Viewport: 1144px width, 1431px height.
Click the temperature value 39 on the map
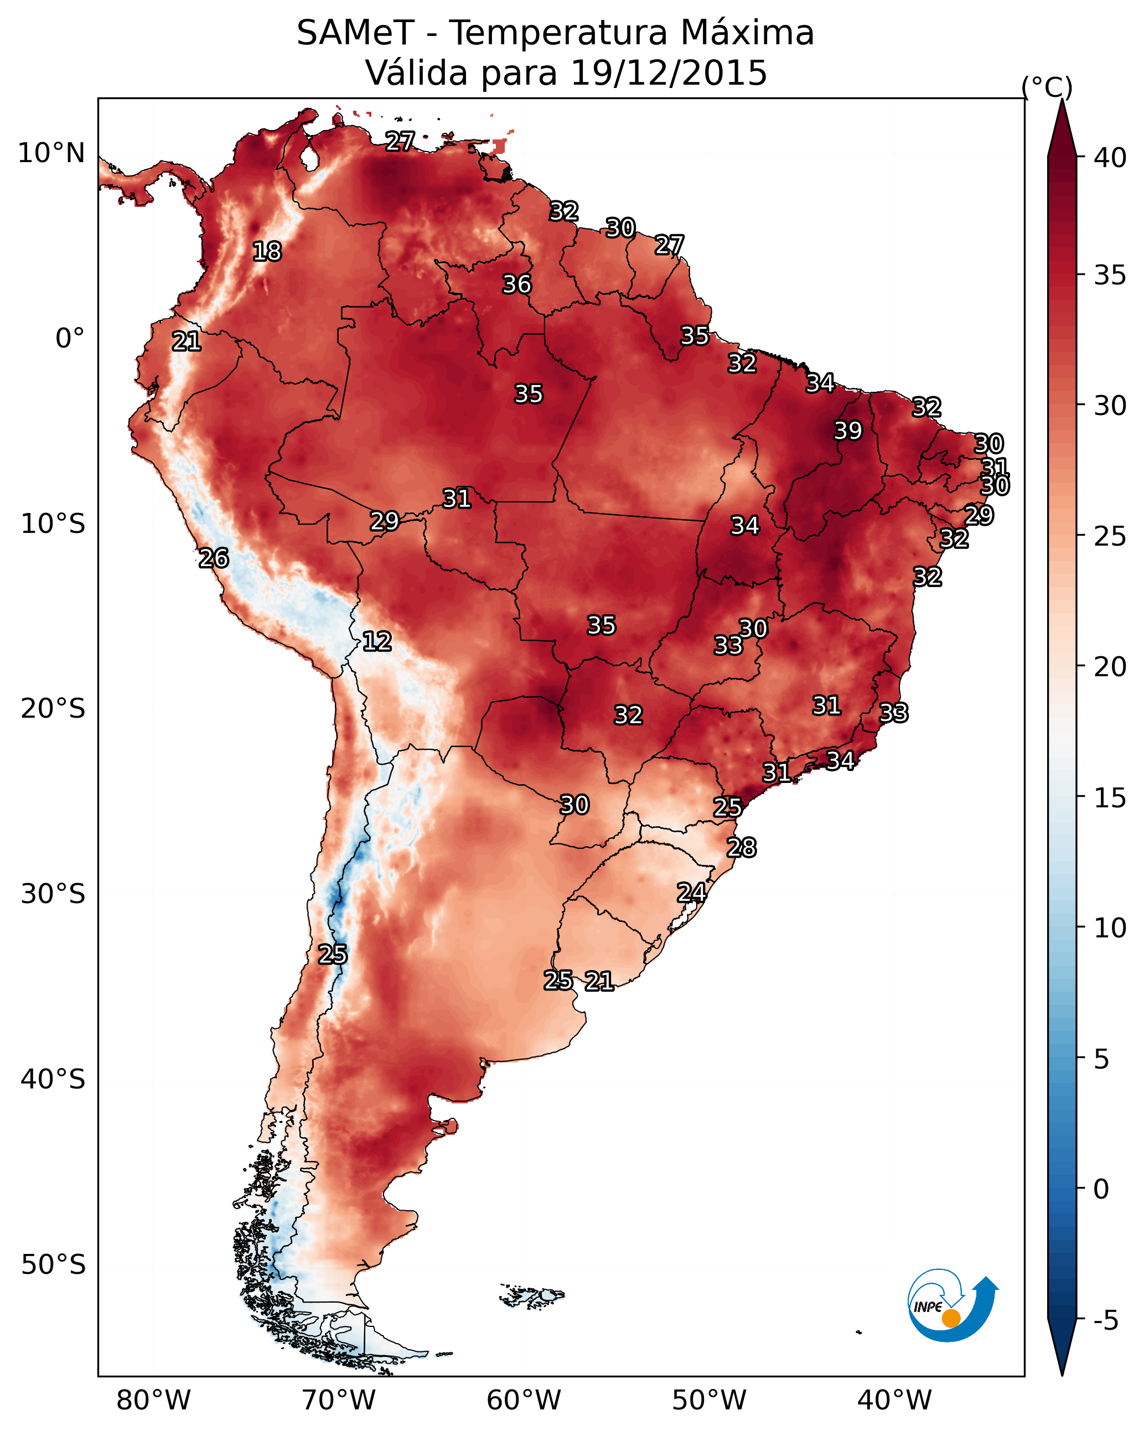pos(848,431)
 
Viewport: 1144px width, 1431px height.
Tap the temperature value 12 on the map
pos(377,641)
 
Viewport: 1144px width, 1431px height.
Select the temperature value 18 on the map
pos(267,252)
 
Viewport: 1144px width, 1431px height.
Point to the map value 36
pos(516,284)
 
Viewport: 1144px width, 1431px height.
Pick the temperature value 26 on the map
pos(214,558)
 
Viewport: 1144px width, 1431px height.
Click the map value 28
pos(742,848)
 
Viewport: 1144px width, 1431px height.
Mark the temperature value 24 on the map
pos(691,892)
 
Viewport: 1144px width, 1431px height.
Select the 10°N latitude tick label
pos(51,153)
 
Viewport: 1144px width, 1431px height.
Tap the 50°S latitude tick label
pos(53,1265)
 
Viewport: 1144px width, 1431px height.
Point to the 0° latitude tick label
pos(70,339)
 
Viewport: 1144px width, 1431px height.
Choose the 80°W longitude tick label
pos(153,1400)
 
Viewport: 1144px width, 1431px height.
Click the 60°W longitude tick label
pos(524,1400)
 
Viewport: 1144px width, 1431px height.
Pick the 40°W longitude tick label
pos(894,1400)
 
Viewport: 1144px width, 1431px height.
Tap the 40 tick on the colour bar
pos(1110,158)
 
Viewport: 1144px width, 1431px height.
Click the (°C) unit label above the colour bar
pos(1047,87)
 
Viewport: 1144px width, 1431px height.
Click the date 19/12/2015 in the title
pos(668,73)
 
